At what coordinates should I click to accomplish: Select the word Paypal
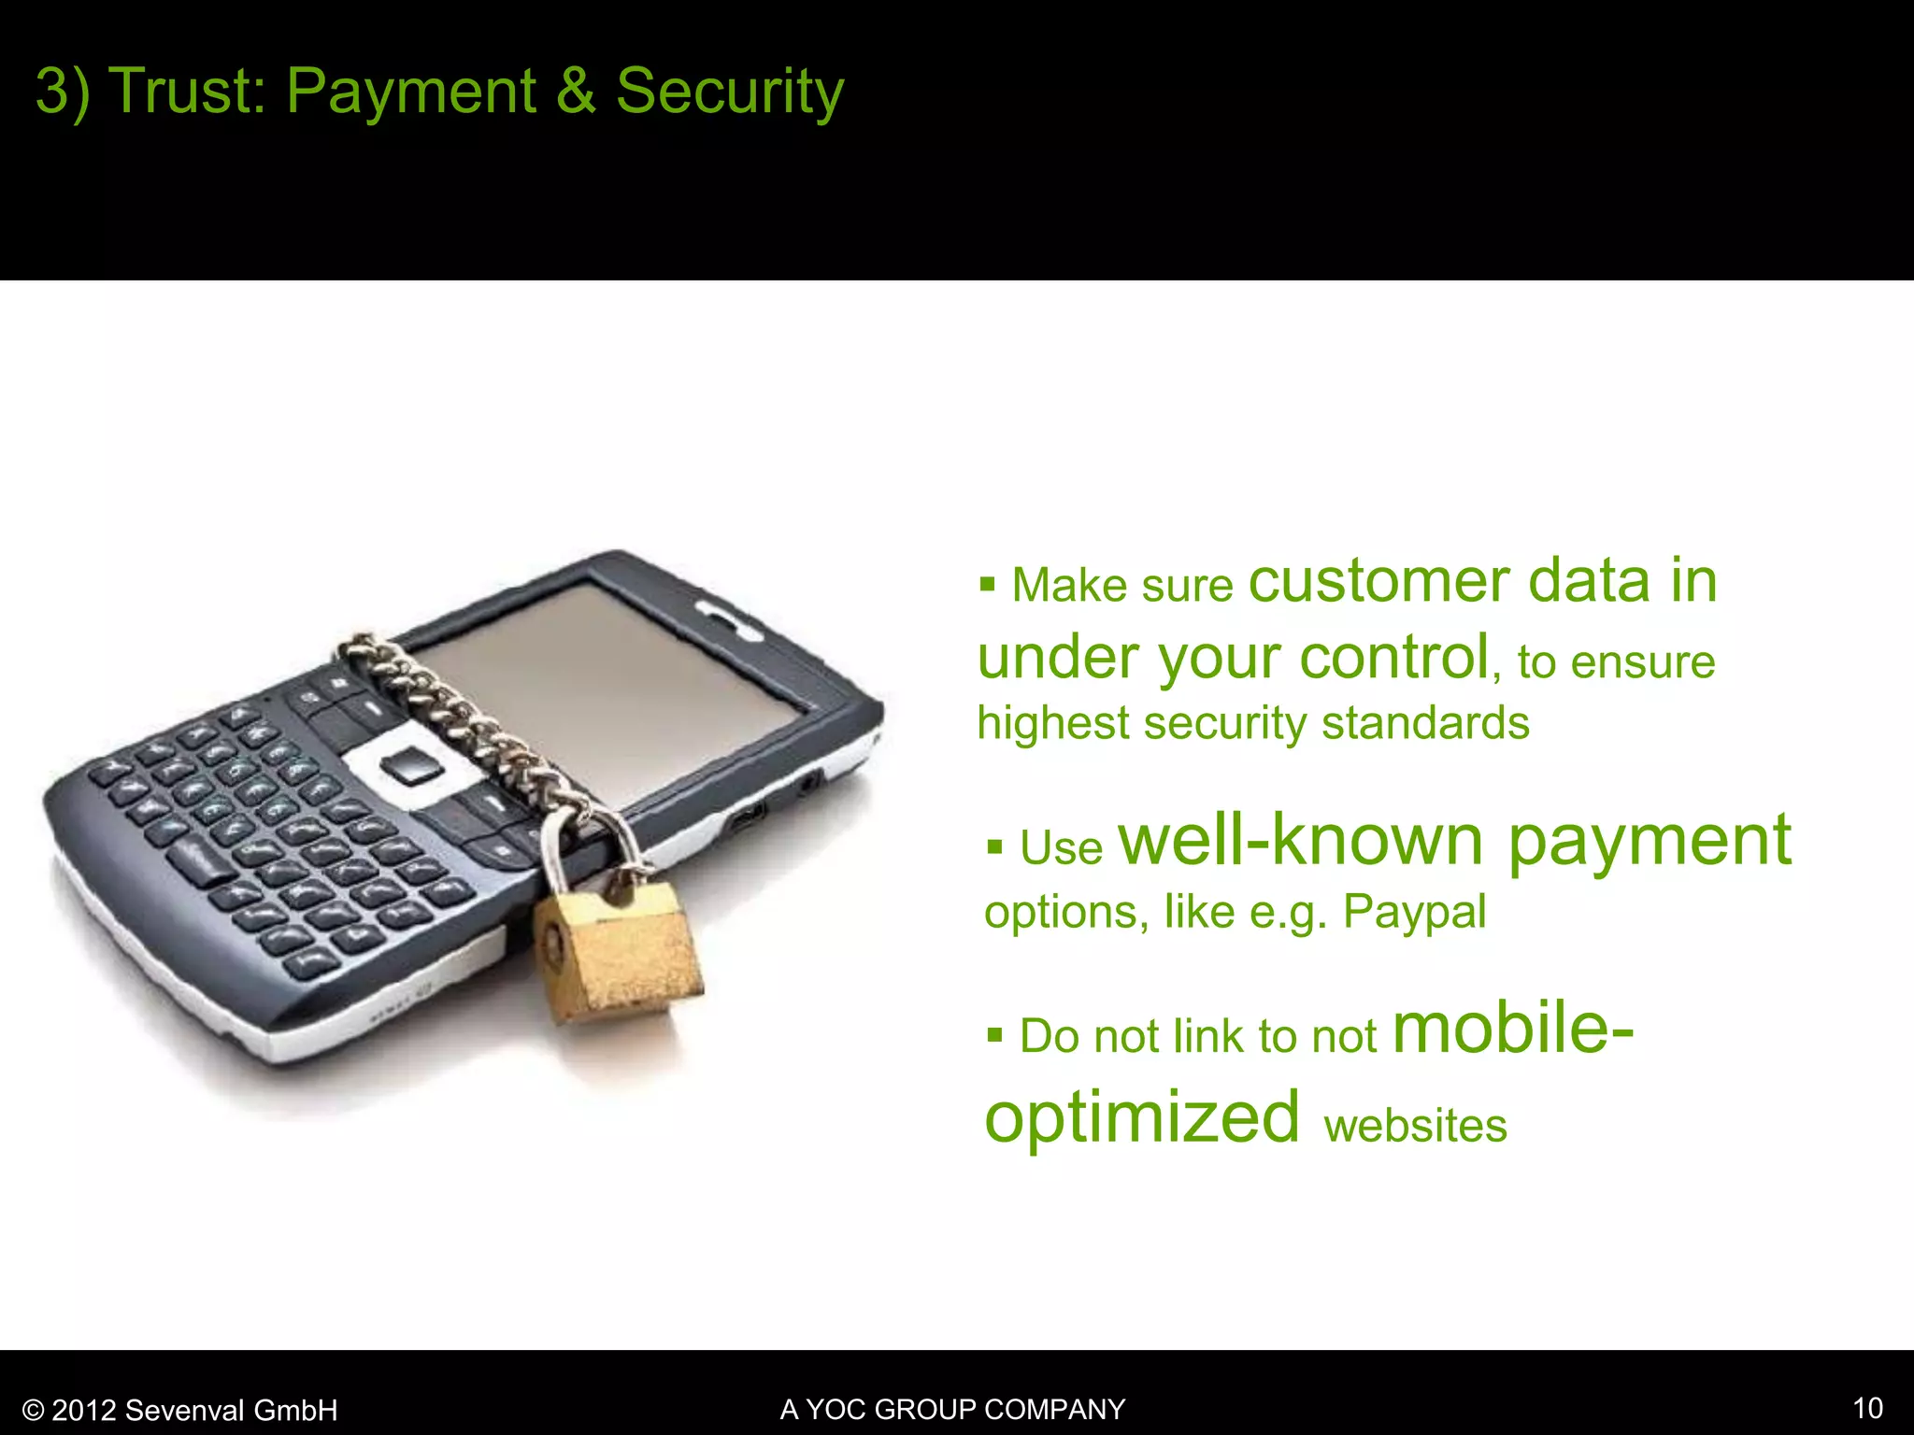[1414, 912]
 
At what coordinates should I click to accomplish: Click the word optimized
[1142, 1117]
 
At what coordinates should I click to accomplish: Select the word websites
[1415, 1125]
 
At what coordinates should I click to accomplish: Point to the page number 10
[1867, 1408]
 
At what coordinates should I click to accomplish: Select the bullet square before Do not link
[994, 1035]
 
